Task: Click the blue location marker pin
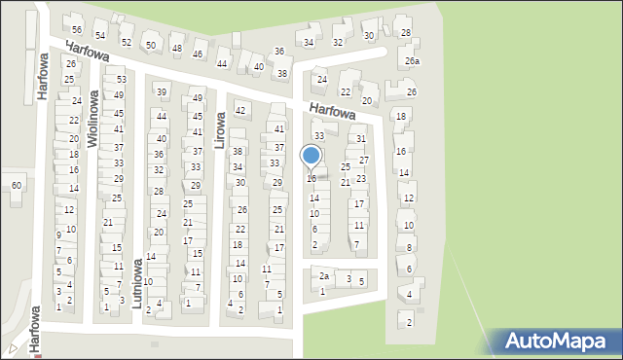pyautogui.click(x=311, y=157)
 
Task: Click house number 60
pyautogui.click(x=16, y=185)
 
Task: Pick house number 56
pyautogui.click(x=76, y=30)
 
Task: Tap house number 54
pyautogui.click(x=99, y=36)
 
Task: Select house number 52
pyautogui.click(x=126, y=42)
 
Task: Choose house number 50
pyautogui.click(x=150, y=46)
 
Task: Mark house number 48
pyautogui.click(x=176, y=49)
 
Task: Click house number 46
pyautogui.click(x=198, y=54)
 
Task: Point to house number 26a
pyautogui.click(x=413, y=61)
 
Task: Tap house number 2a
pyautogui.click(x=324, y=276)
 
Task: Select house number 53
pyautogui.click(x=122, y=80)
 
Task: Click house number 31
pyautogui.click(x=360, y=139)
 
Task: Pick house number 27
pyautogui.click(x=364, y=160)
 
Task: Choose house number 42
pyautogui.click(x=240, y=111)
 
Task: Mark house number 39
pyautogui.click(x=162, y=92)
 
